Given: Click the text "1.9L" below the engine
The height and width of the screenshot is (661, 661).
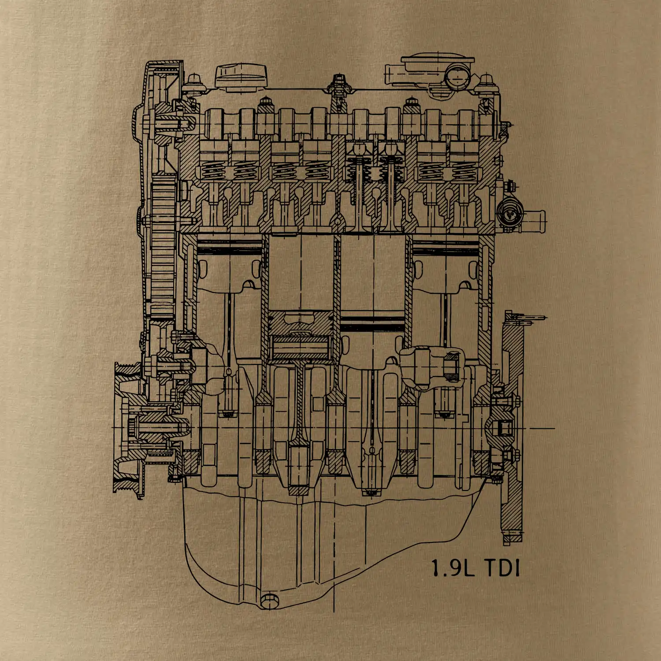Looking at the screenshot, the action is pos(453,568).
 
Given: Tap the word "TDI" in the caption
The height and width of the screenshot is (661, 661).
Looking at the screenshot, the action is pos(502,568).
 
